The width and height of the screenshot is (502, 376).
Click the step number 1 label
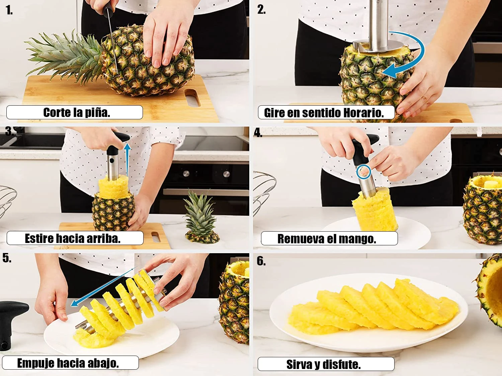pyautogui.click(x=9, y=10)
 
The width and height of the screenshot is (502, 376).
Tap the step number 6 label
pyautogui.click(x=261, y=261)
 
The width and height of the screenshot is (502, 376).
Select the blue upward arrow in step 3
pyautogui.click(x=128, y=160)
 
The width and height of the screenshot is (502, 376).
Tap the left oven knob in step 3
pyautogui.click(x=186, y=173)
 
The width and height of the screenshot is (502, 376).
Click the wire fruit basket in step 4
pyautogui.click(x=263, y=192)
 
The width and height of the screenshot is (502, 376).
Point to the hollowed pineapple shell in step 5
pyautogui.click(x=234, y=302)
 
